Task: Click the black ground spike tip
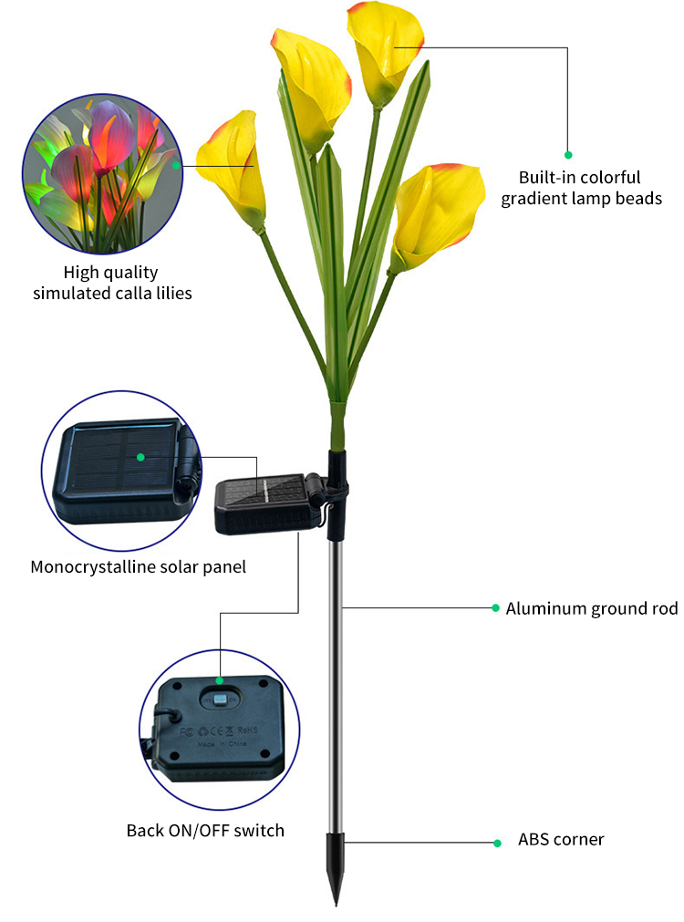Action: [336, 905]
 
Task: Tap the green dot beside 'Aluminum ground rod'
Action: [496, 608]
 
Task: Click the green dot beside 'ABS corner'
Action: [498, 844]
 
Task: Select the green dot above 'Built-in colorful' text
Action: [568, 155]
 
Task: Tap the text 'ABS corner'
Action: [561, 839]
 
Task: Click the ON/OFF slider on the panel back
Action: [220, 699]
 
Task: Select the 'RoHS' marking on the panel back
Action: [247, 730]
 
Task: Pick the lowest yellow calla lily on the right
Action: [435, 214]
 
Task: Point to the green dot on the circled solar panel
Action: [140, 457]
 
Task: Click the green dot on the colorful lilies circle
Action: [176, 166]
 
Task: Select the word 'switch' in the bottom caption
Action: [259, 830]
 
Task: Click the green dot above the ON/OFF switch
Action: [220, 680]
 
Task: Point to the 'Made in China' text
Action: [222, 744]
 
